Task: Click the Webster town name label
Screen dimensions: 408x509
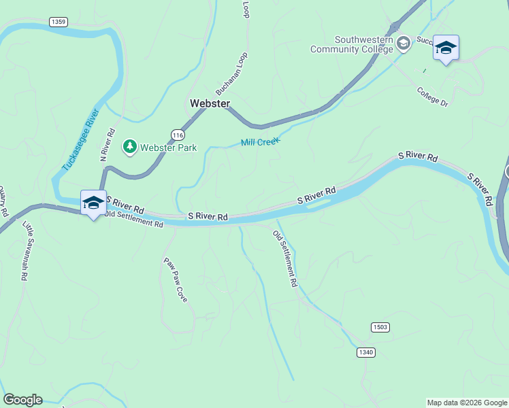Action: pyautogui.click(x=210, y=103)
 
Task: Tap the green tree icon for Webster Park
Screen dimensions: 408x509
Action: pyautogui.click(x=129, y=146)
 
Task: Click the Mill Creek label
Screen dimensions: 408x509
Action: pyautogui.click(x=260, y=142)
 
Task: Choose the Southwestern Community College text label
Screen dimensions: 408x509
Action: pyautogui.click(x=351, y=44)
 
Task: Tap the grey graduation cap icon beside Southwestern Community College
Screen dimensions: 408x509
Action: pyautogui.click(x=404, y=44)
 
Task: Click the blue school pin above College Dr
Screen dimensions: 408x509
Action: pyautogui.click(x=446, y=48)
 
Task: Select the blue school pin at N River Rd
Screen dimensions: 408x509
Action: pyautogui.click(x=93, y=203)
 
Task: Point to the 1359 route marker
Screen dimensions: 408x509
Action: pyautogui.click(x=59, y=22)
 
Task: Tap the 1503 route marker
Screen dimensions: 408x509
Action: pyautogui.click(x=380, y=328)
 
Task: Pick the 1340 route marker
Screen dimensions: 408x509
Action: pyautogui.click(x=365, y=352)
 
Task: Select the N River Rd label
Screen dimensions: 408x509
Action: pyautogui.click(x=107, y=145)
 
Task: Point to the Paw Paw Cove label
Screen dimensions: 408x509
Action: pyautogui.click(x=175, y=279)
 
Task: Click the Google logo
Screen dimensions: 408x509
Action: pyautogui.click(x=22, y=400)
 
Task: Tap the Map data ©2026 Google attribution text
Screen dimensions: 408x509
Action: pyautogui.click(x=467, y=403)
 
